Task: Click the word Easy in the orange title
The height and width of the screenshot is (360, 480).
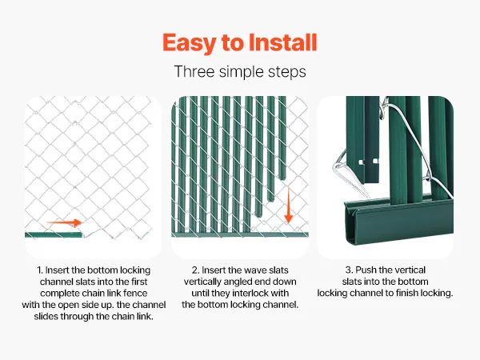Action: [189, 43]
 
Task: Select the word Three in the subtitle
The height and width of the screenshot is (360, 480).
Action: [194, 72]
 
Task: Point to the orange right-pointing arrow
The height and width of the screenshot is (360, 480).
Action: [64, 223]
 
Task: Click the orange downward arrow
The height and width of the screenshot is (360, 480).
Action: [288, 206]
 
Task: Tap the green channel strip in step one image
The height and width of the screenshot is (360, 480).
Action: [54, 234]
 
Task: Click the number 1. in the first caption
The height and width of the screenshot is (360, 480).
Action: [40, 270]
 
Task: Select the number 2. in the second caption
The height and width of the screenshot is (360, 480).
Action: [195, 270]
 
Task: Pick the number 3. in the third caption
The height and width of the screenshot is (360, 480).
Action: [349, 270]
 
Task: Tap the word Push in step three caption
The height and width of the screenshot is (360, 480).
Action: [366, 270]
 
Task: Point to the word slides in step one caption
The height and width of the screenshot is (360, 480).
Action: [46, 316]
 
